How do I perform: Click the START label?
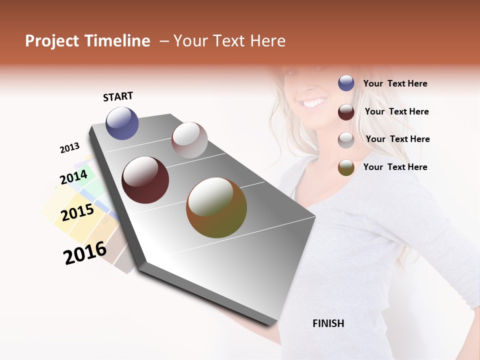tap(118, 96)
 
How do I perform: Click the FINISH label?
tap(328, 323)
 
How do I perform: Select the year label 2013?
tap(69, 148)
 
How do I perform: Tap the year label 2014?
tap(73, 177)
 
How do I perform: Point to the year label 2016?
tap(85, 252)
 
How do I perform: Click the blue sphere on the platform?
tap(122, 123)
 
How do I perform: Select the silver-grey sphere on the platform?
tap(189, 140)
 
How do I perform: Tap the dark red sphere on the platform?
tap(145, 180)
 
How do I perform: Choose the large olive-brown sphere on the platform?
tap(216, 207)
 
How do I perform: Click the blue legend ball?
tap(346, 83)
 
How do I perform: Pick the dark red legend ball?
tap(346, 112)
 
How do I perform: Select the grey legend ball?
tap(346, 140)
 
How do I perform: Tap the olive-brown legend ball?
tap(346, 167)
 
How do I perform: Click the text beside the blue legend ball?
tap(395, 84)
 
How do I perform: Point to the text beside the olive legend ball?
tap(395, 167)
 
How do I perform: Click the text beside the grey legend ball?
tap(397, 139)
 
